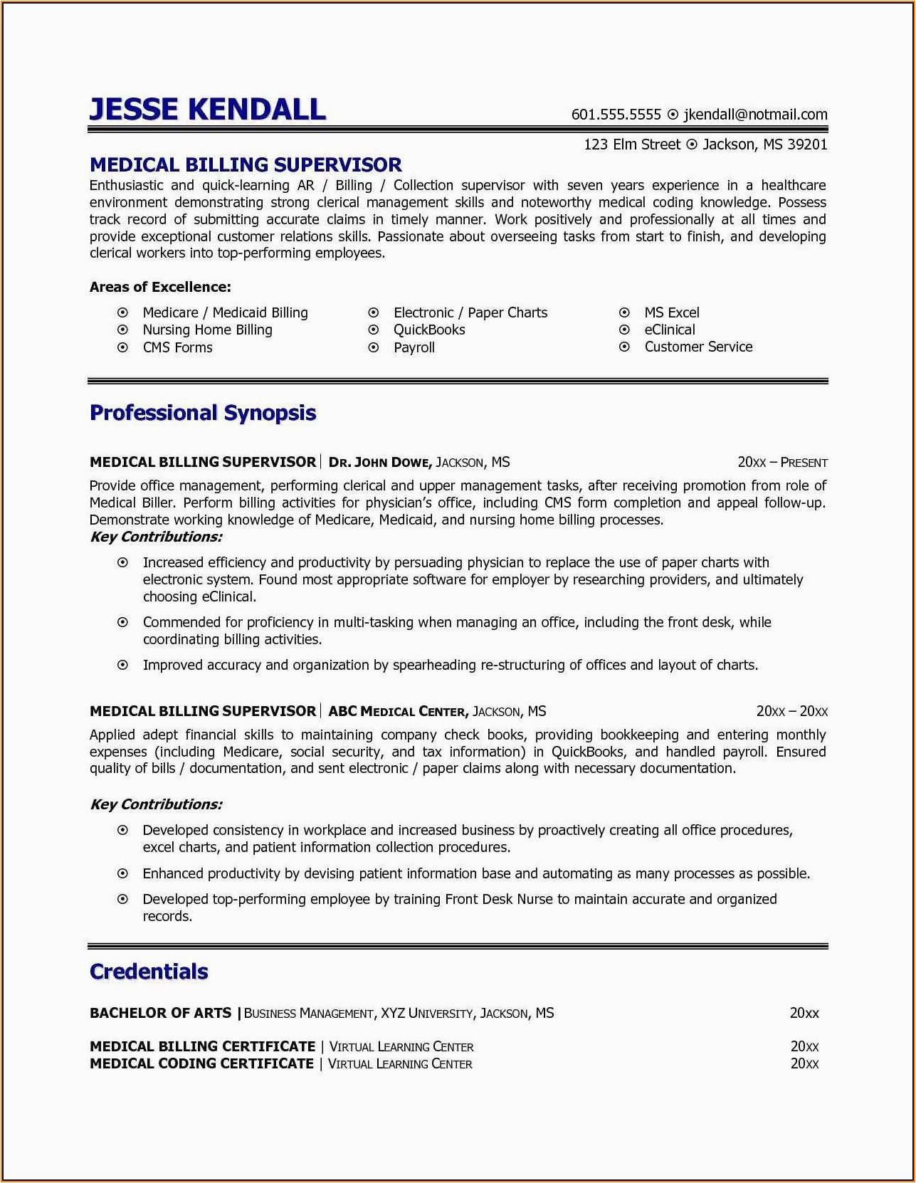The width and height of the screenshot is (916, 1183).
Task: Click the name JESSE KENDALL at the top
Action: coord(207,110)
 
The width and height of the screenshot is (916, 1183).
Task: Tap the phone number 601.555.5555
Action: coord(616,115)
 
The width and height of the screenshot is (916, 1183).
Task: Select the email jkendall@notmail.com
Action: coord(755,115)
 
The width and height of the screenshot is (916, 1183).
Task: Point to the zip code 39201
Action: coord(807,144)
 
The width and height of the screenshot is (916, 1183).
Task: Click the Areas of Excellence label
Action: coord(160,287)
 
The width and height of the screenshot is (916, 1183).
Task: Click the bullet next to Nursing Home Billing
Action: coord(123,330)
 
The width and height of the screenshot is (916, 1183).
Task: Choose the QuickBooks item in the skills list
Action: coord(429,330)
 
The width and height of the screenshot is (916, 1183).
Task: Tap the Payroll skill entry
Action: coord(414,347)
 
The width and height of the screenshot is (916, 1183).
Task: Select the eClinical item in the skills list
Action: coord(670,330)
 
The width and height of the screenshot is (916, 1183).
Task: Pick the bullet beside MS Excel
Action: coord(624,312)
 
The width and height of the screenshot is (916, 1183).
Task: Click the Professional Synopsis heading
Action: coord(203,413)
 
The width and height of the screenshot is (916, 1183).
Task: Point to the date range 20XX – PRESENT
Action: coord(782,463)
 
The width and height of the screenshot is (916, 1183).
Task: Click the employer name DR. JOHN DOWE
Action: coord(379,463)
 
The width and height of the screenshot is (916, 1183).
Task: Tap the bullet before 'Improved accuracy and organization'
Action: coord(123,665)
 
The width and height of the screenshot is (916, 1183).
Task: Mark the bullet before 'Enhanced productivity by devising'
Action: coord(123,873)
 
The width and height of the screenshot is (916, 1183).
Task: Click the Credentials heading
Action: coord(149,972)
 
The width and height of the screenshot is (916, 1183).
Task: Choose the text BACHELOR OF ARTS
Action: coord(160,1013)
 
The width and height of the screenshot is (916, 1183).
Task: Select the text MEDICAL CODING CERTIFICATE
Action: coord(201,1063)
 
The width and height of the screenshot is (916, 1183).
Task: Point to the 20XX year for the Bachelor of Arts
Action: coord(804,1013)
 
